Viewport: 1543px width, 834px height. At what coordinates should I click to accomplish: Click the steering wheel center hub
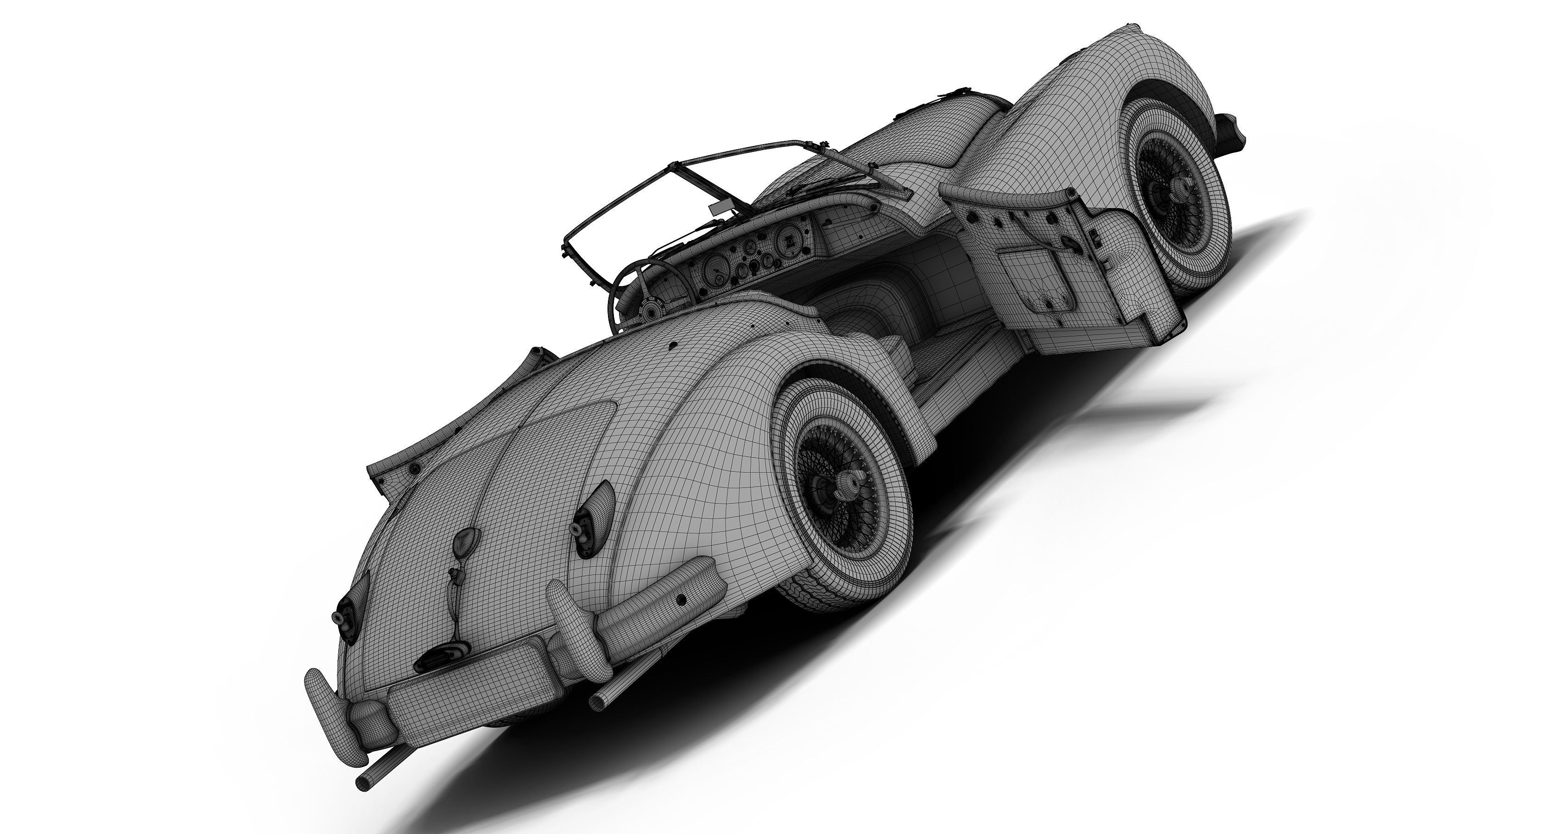[x=649, y=310]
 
